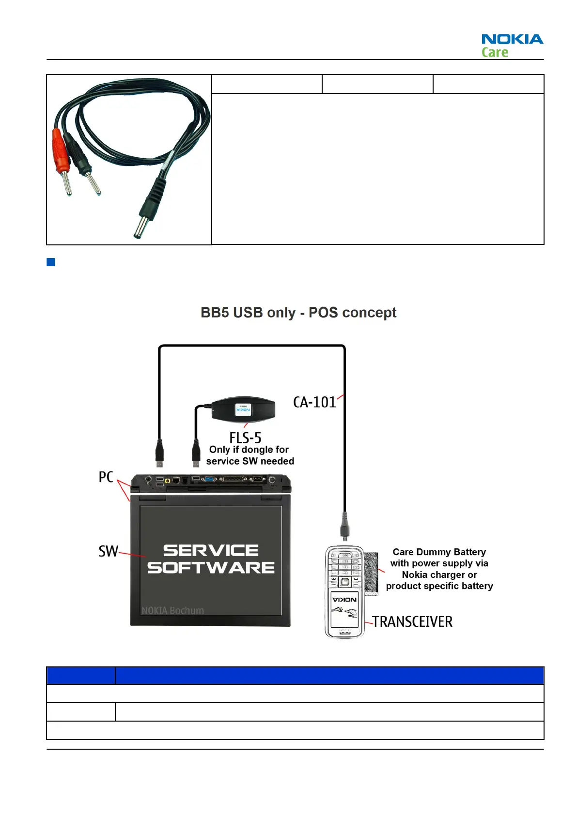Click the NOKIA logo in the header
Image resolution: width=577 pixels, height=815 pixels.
tap(512, 39)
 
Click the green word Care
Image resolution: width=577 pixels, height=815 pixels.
tap(495, 52)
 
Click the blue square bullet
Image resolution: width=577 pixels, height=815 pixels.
tap(51, 262)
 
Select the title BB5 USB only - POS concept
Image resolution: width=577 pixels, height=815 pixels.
tap(298, 313)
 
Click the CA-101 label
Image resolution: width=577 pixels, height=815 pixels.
tap(314, 402)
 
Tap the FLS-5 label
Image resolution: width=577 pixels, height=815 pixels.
tap(245, 438)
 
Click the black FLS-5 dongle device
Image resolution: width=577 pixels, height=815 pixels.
tap(243, 409)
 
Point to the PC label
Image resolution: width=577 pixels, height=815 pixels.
tap(106, 477)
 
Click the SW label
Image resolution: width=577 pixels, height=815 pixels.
tap(108, 551)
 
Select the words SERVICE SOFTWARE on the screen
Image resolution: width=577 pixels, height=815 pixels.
tap(211, 559)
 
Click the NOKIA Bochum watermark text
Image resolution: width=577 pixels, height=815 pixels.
tap(172, 611)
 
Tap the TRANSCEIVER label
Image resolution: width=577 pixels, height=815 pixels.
tap(412, 622)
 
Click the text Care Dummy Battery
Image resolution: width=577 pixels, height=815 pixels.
tap(439, 552)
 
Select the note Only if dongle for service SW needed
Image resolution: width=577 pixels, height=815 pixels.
tap(250, 455)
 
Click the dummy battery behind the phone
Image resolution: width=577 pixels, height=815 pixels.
tap(371, 574)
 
